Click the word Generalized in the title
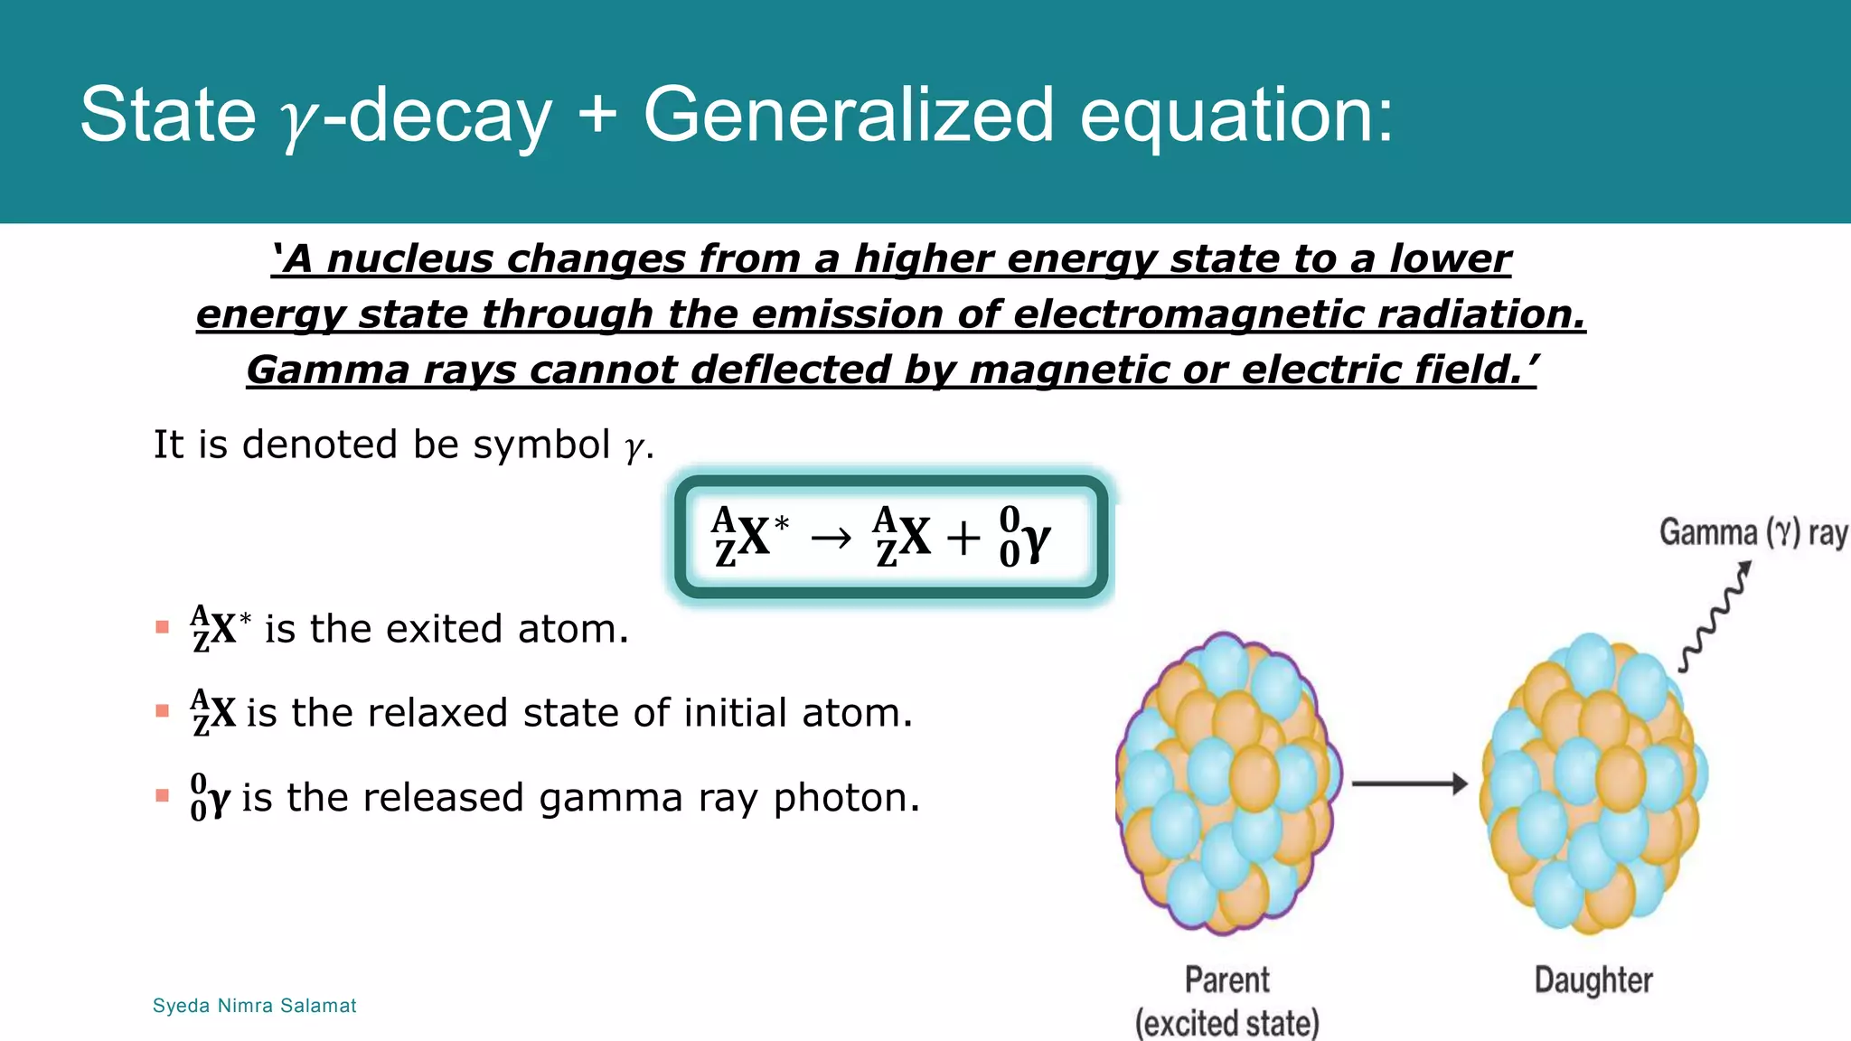(x=848, y=115)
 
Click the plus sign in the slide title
(x=597, y=116)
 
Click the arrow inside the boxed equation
(x=831, y=539)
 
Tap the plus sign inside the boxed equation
(x=963, y=539)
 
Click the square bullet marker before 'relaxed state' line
(x=163, y=711)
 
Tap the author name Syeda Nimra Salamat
(x=254, y=1006)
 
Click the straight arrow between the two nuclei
(x=1408, y=783)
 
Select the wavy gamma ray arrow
(x=1715, y=618)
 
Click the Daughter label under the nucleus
(x=1593, y=980)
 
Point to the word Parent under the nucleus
(x=1226, y=980)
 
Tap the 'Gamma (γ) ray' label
(x=1752, y=533)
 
